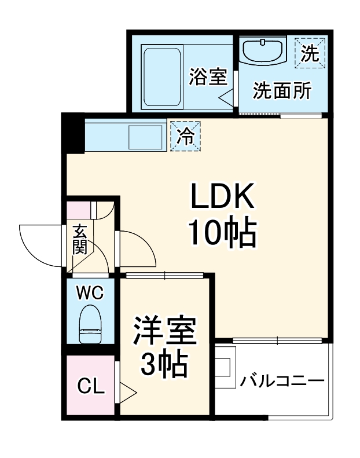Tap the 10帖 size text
coord(222,233)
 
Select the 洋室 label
coord(166,331)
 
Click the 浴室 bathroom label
coord(208,76)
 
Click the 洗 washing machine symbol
coord(310,54)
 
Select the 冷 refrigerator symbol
coord(185,135)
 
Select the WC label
coord(90,293)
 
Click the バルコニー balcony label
coord(282,380)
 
